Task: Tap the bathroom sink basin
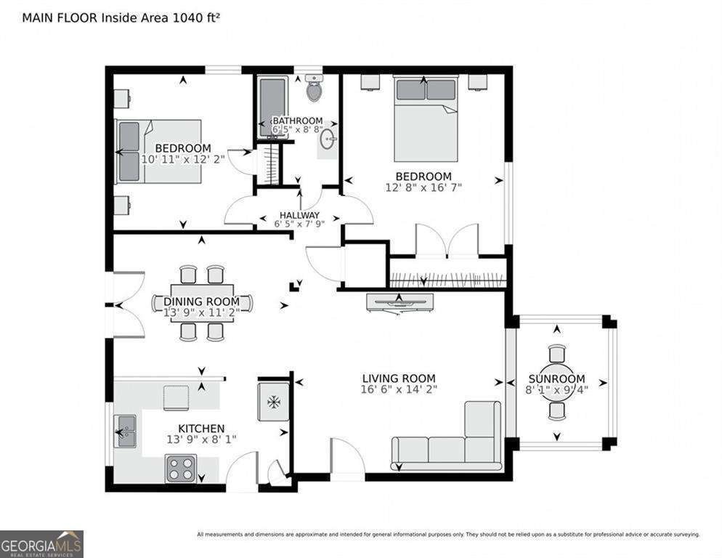point(328,139)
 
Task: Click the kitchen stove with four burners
point(180,468)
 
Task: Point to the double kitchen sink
point(125,431)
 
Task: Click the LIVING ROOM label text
point(399,378)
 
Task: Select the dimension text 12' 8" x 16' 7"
point(423,187)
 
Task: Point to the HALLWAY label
point(299,215)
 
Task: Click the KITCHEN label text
point(201,428)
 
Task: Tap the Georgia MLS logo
point(41,543)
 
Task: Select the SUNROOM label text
point(556,379)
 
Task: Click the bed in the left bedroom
point(158,151)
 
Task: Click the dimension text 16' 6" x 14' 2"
point(399,389)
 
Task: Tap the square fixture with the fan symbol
point(274,401)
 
